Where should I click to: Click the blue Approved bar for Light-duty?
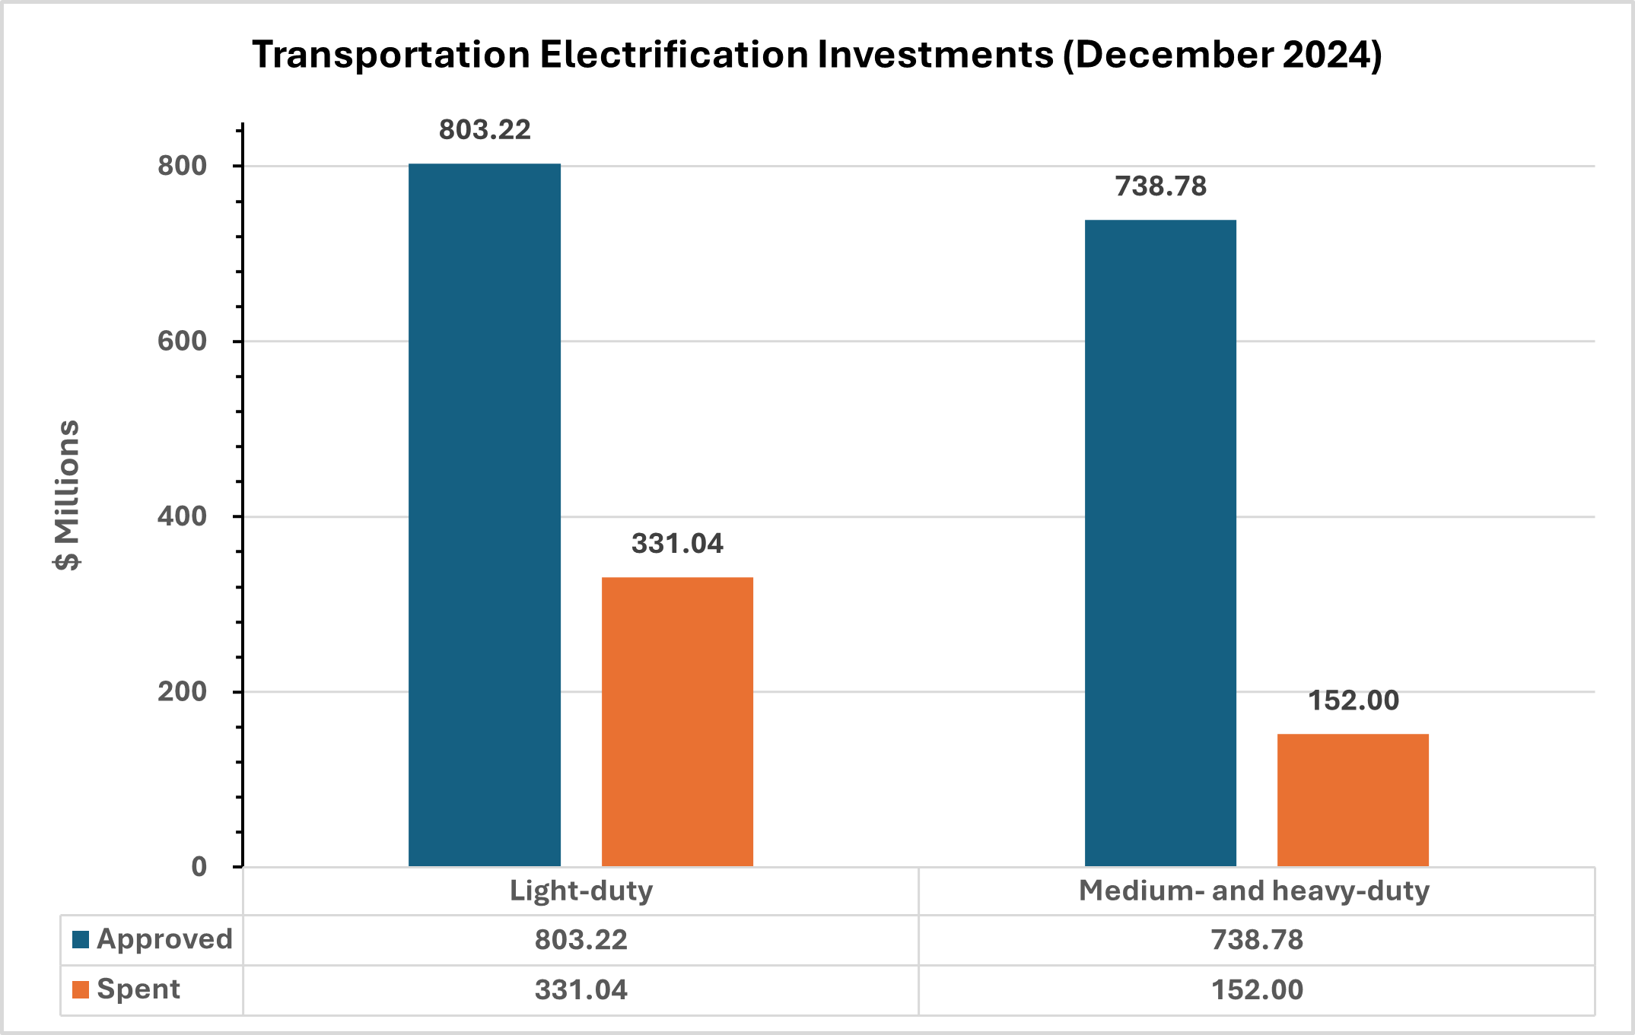click(x=485, y=515)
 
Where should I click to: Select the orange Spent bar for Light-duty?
click(x=677, y=722)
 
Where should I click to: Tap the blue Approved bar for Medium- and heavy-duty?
click(x=1160, y=543)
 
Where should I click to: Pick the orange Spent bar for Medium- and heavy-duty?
click(x=1353, y=800)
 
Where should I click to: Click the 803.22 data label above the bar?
click(x=485, y=130)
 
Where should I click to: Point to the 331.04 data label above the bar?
click(x=677, y=544)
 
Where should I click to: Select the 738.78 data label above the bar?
click(x=1160, y=186)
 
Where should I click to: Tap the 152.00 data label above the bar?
click(x=1353, y=700)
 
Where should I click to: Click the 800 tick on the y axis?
click(x=183, y=166)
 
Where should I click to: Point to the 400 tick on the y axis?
click(x=183, y=516)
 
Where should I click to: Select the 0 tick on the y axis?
click(x=199, y=867)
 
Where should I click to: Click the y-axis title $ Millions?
click(x=68, y=494)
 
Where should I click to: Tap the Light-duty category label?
click(x=581, y=891)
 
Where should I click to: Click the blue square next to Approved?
click(x=81, y=940)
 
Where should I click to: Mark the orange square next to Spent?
click(x=81, y=989)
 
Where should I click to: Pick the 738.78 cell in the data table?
click(x=1257, y=940)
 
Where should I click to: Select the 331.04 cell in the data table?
click(x=581, y=989)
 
